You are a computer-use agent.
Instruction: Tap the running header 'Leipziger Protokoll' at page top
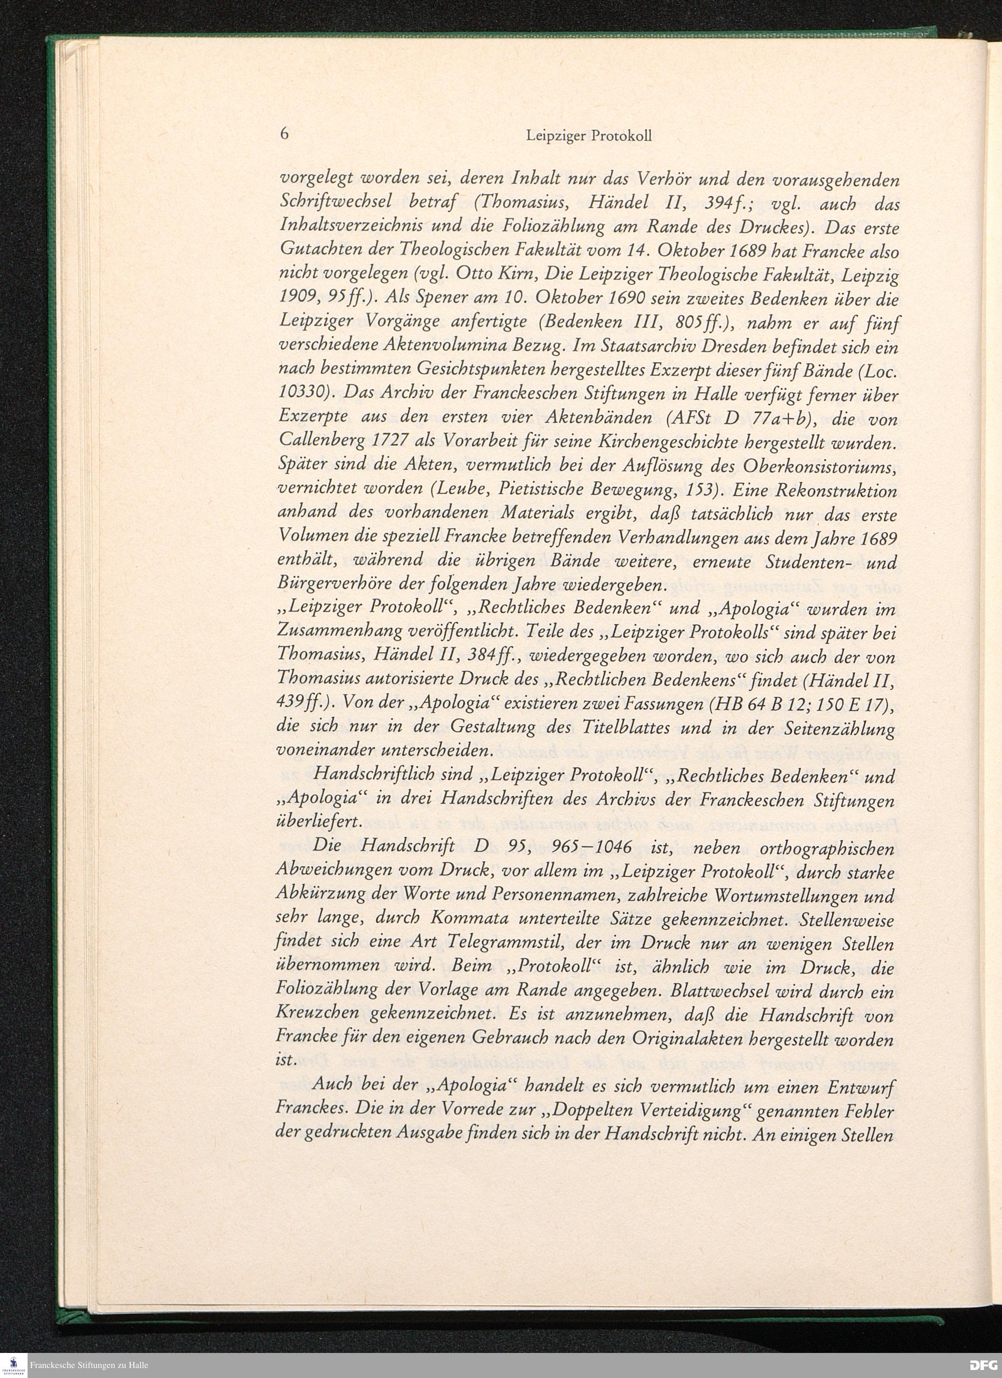(x=588, y=136)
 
